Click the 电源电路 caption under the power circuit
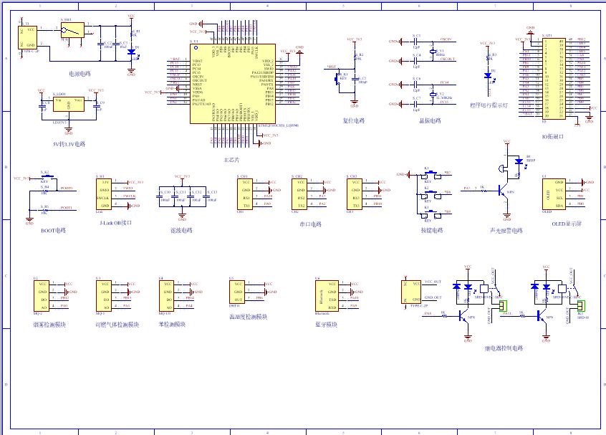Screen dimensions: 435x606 point(80,74)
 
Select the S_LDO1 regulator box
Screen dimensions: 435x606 point(68,106)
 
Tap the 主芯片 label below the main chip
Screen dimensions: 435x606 point(231,159)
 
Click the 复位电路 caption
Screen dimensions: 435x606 point(354,120)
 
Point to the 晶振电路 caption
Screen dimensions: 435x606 point(430,120)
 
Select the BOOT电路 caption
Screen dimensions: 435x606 point(53,231)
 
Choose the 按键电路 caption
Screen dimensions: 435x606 point(432,231)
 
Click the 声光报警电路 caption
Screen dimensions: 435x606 point(506,231)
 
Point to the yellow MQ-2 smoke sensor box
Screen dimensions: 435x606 point(40,295)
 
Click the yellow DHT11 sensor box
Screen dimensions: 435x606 point(239,295)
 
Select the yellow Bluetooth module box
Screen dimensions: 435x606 point(323,295)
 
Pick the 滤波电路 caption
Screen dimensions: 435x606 point(181,231)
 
